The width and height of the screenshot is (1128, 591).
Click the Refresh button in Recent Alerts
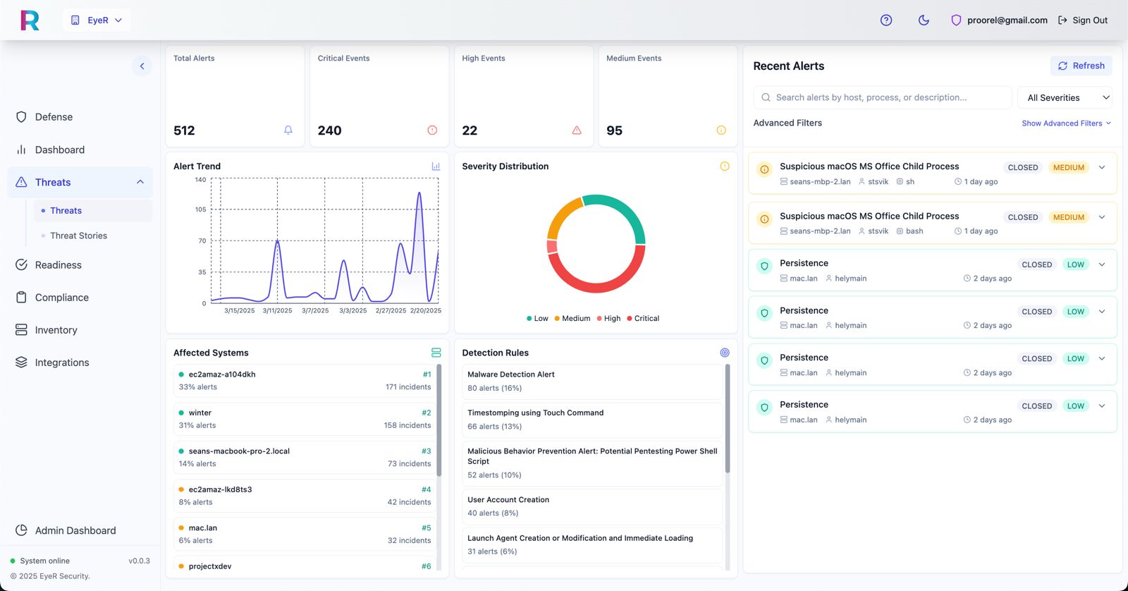click(x=1081, y=66)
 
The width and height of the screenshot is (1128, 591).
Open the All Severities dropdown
click(x=1065, y=98)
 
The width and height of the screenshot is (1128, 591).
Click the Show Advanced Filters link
click(x=1066, y=123)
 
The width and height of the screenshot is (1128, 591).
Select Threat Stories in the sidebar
click(x=78, y=236)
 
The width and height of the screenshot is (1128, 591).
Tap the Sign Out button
click(x=1083, y=20)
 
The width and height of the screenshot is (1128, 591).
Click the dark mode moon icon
click(x=924, y=20)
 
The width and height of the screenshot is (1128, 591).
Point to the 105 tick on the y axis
click(x=200, y=209)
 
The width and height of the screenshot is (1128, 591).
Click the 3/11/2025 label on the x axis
click(x=277, y=310)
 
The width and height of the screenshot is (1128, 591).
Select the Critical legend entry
click(x=643, y=319)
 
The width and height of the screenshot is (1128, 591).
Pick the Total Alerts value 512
click(x=184, y=130)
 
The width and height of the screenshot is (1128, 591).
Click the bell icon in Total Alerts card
click(x=288, y=130)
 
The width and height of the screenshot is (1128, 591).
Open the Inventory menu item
click(x=56, y=330)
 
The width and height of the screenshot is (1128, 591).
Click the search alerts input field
click(x=882, y=98)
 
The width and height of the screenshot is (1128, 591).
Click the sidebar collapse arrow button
click(x=142, y=66)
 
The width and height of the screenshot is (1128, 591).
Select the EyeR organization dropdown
click(x=97, y=20)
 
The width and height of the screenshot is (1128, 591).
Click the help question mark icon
click(x=885, y=20)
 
